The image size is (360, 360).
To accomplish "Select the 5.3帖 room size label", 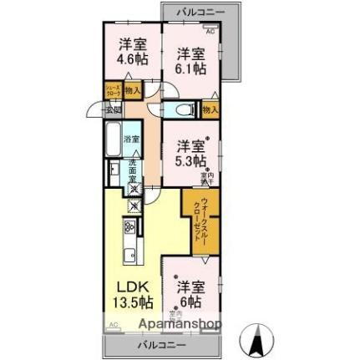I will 190,162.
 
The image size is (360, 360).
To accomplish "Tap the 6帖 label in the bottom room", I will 190,301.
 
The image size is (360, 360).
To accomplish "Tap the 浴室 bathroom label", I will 132,139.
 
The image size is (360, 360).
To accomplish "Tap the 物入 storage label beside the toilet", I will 210,109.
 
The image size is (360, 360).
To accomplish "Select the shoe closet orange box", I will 111,88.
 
